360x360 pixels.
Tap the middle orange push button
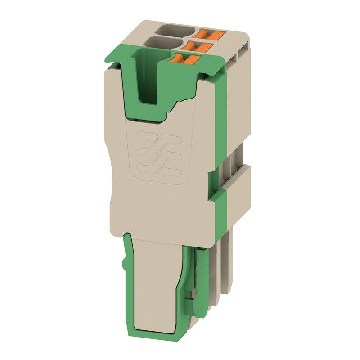click(198, 45)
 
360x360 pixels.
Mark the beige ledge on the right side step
click(236, 173)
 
